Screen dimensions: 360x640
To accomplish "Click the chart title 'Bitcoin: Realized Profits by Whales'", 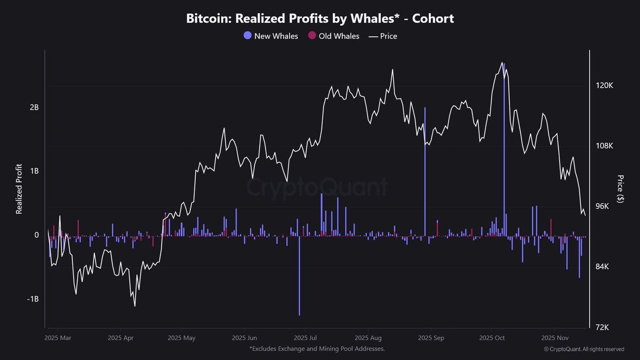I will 320,18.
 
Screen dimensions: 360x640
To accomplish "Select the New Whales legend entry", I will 271,36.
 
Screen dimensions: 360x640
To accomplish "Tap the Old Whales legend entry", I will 334,36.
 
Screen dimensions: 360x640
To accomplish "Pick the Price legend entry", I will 383,36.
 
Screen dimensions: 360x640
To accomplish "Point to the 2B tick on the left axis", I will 34,107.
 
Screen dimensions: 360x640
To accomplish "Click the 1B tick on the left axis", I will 34,171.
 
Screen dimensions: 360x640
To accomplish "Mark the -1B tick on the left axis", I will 33,299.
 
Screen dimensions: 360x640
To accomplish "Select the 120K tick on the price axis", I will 605,86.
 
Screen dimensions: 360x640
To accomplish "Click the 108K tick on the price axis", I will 605,146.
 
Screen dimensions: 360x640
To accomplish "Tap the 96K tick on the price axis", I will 604,206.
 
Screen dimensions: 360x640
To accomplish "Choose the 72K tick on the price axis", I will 604,327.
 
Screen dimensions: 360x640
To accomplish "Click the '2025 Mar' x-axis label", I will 58,338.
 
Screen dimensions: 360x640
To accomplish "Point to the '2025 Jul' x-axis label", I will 306,338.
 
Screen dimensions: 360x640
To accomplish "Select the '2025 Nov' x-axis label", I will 555,338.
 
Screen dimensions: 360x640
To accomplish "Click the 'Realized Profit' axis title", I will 19,189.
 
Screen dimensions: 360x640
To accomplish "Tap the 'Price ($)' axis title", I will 620,189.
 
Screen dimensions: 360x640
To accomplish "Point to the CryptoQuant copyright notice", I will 584,349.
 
